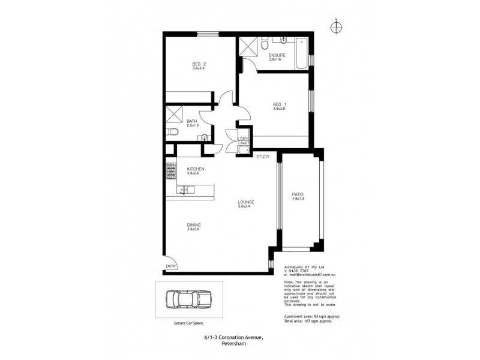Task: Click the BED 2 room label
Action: tap(199, 64)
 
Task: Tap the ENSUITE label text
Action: tap(277, 55)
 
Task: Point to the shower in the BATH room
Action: tap(174, 113)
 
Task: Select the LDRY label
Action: tap(243, 139)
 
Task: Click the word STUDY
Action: tap(263, 157)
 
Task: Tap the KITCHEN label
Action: tap(196, 169)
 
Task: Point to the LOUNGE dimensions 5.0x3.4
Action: tap(246, 206)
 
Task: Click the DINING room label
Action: tap(193, 225)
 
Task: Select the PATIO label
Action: tap(298, 194)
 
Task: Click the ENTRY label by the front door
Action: tap(172, 266)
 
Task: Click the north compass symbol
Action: tap(337, 26)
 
